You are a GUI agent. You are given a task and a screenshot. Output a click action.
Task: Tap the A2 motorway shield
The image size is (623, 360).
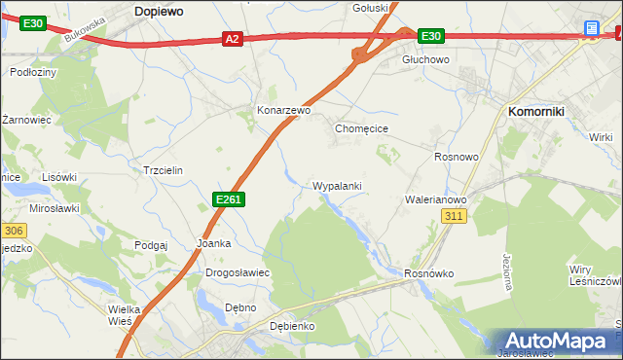231,39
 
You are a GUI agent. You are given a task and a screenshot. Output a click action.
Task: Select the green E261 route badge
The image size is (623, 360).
228,199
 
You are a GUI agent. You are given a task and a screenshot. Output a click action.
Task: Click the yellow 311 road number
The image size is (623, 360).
453,216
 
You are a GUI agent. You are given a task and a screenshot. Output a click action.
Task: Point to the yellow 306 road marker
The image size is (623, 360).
12,231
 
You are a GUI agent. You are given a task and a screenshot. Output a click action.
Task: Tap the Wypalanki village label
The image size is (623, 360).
337,185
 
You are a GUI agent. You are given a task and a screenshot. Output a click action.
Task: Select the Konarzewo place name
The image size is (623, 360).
283,111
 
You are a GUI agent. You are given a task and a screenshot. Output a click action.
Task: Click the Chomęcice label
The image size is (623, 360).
362,127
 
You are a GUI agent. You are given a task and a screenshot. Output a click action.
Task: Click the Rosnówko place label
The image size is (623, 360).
429,273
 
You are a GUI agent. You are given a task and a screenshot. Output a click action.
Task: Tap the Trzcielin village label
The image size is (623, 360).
163,169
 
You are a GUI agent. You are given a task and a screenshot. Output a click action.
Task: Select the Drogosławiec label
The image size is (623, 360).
238,273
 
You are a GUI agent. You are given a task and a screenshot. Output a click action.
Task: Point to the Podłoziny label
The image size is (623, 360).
32,72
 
